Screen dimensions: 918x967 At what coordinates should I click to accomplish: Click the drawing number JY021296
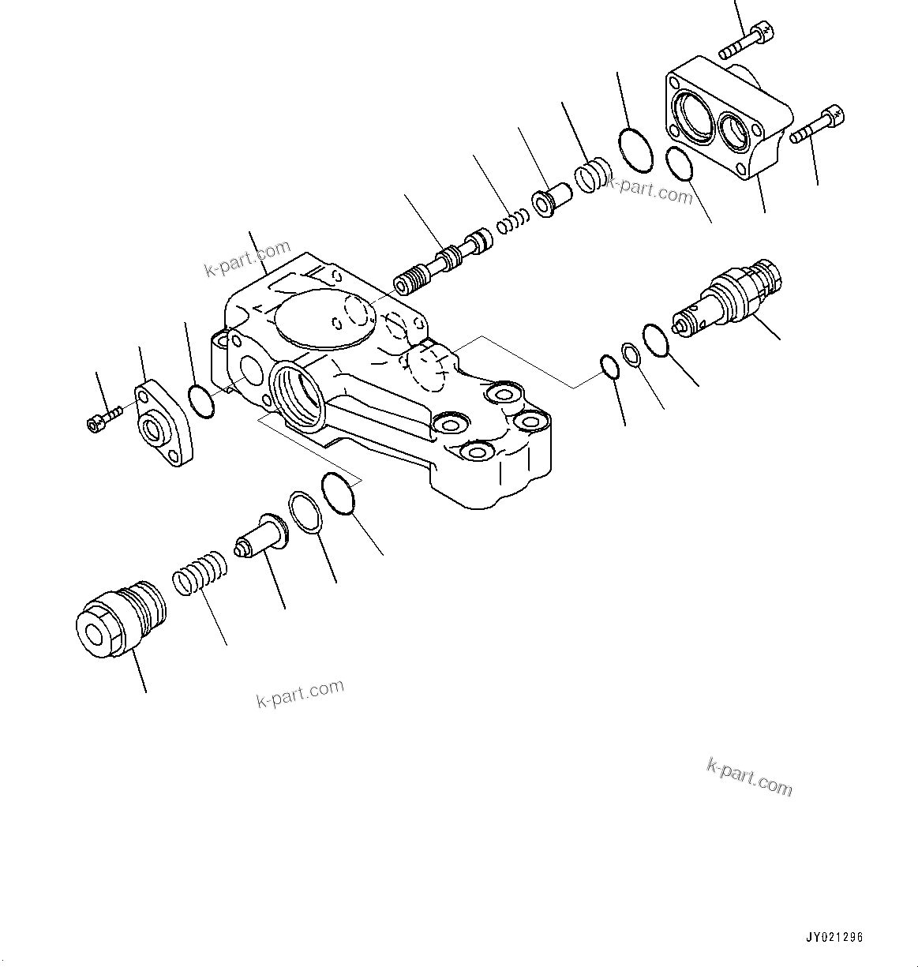[x=834, y=938]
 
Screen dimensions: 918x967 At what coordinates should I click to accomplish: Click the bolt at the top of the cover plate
[x=747, y=43]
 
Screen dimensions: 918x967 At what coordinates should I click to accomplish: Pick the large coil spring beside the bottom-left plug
[x=200, y=572]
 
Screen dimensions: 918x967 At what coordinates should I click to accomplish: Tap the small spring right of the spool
[x=512, y=223]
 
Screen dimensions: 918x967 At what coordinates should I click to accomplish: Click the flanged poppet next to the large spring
[x=261, y=537]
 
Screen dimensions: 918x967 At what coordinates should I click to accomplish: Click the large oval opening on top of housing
[x=323, y=319]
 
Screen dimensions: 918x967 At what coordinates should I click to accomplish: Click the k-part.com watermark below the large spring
[x=300, y=692]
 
